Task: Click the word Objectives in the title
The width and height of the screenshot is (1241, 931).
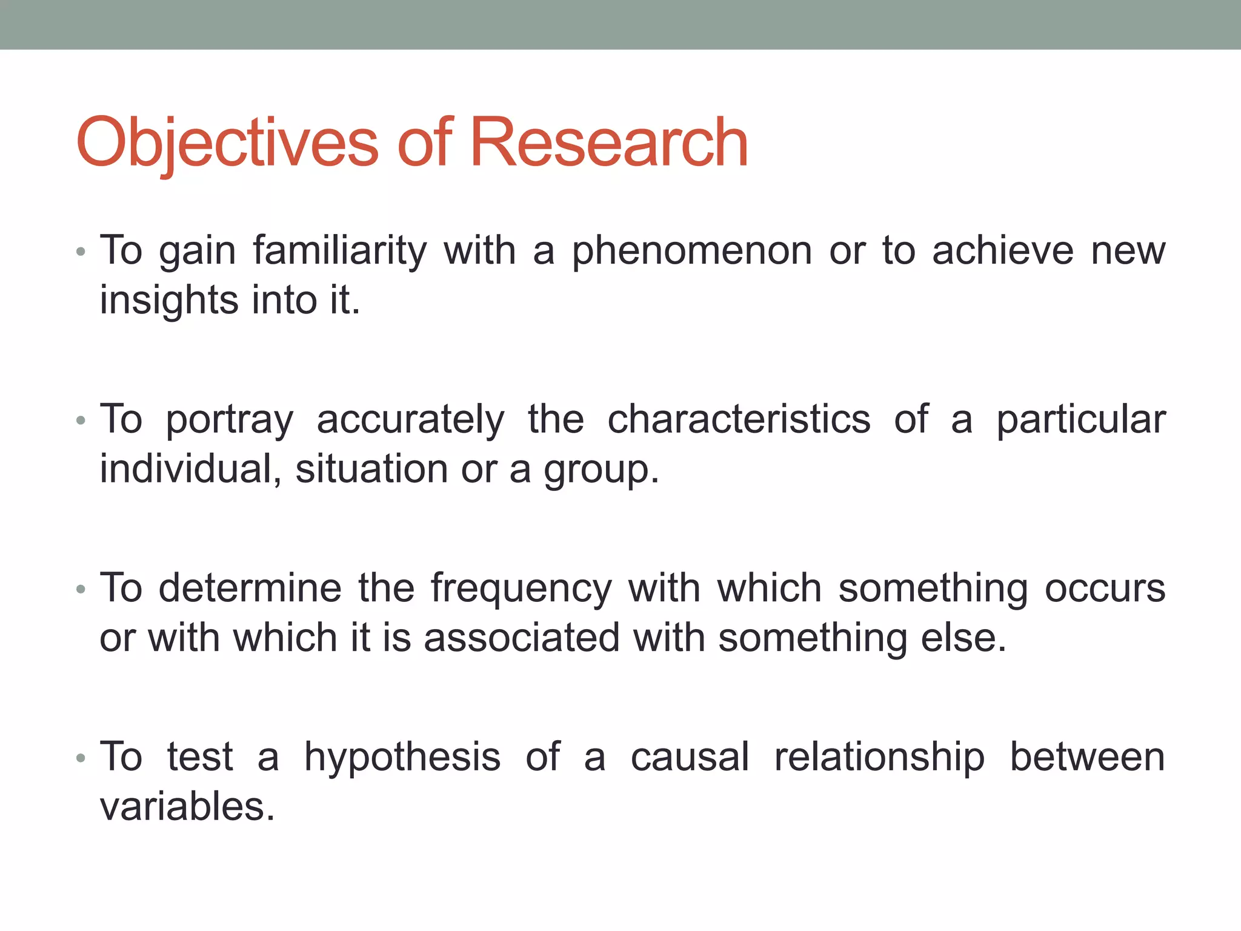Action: tap(227, 143)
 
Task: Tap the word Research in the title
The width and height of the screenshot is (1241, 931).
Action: tap(608, 143)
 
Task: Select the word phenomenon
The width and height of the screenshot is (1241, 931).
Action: tap(691, 251)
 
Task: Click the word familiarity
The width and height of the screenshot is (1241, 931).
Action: tap(339, 251)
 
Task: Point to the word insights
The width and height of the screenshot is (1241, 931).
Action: tap(168, 301)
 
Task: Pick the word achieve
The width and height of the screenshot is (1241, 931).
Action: tap(1002, 251)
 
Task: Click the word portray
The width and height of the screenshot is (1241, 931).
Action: tap(230, 421)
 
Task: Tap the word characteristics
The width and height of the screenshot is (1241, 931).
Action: tap(739, 419)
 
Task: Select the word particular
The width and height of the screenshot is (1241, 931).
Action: tap(1081, 421)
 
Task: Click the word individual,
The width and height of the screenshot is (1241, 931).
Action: tap(190, 469)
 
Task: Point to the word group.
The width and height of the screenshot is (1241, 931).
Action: tap(600, 470)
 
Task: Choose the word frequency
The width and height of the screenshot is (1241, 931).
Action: tap(521, 589)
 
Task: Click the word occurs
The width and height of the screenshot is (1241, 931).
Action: tap(1105, 589)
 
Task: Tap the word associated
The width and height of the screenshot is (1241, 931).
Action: tap(522, 638)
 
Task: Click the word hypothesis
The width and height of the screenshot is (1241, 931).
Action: tap(402, 758)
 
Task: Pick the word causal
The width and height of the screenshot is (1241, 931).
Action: tap(690, 757)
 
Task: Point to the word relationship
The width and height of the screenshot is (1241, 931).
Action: tap(879, 758)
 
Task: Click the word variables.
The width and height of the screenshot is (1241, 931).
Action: tap(187, 807)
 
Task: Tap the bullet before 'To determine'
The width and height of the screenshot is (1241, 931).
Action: tap(81, 589)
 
